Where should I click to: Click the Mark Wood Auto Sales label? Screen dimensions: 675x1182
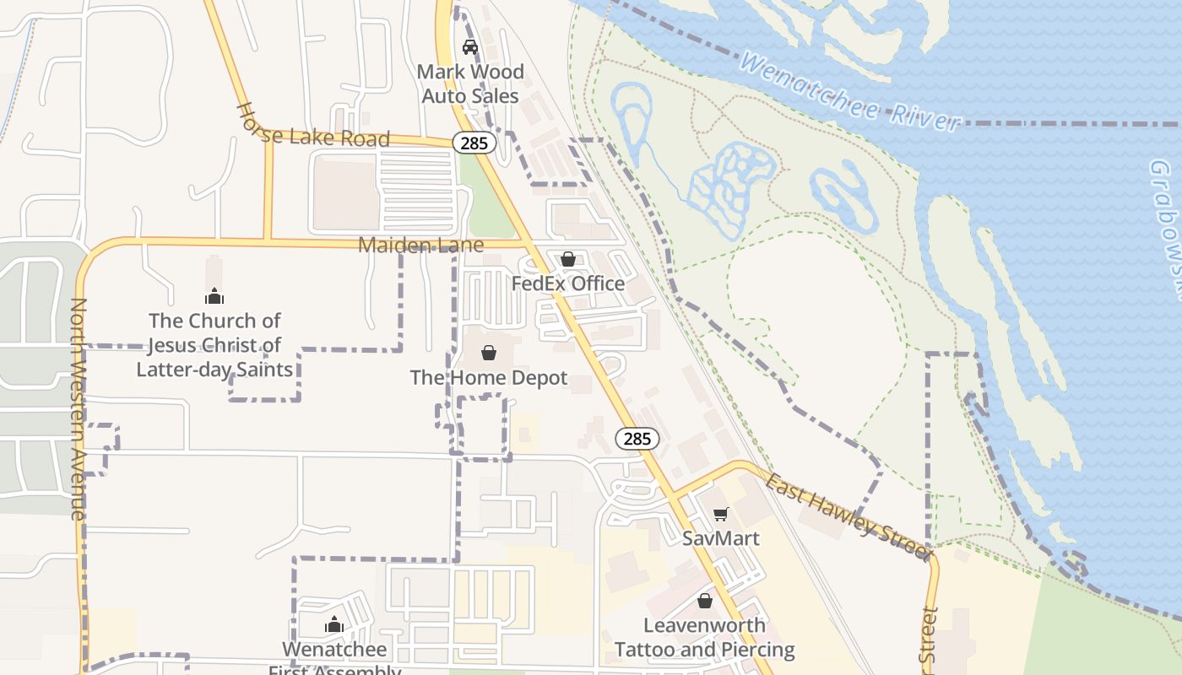click(x=470, y=84)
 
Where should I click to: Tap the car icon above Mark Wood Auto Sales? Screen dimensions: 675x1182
click(x=470, y=47)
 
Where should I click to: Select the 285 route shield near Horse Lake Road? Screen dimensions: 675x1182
click(x=474, y=143)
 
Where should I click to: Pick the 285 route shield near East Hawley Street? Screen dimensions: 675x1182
click(x=637, y=438)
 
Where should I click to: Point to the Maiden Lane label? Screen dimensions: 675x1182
click(x=420, y=245)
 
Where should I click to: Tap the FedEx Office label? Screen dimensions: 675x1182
click(x=568, y=283)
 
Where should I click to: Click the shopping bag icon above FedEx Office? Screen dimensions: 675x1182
click(x=568, y=258)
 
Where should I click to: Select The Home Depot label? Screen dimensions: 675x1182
click(x=489, y=377)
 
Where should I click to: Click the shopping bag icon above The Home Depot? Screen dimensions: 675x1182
click(x=489, y=352)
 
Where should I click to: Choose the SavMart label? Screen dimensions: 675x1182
click(x=721, y=538)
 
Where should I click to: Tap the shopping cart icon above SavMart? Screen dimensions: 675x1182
click(x=720, y=514)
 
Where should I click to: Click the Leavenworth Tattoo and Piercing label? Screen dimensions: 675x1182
click(x=705, y=637)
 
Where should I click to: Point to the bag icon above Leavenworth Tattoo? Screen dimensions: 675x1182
click(x=705, y=601)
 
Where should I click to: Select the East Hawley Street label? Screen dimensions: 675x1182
click(x=847, y=514)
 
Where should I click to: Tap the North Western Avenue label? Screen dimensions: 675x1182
click(x=79, y=408)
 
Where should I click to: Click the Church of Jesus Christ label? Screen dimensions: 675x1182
click(x=214, y=344)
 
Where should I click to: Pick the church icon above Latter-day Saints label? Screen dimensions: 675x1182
click(x=214, y=296)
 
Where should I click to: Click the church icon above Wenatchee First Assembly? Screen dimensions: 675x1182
click(x=334, y=624)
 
